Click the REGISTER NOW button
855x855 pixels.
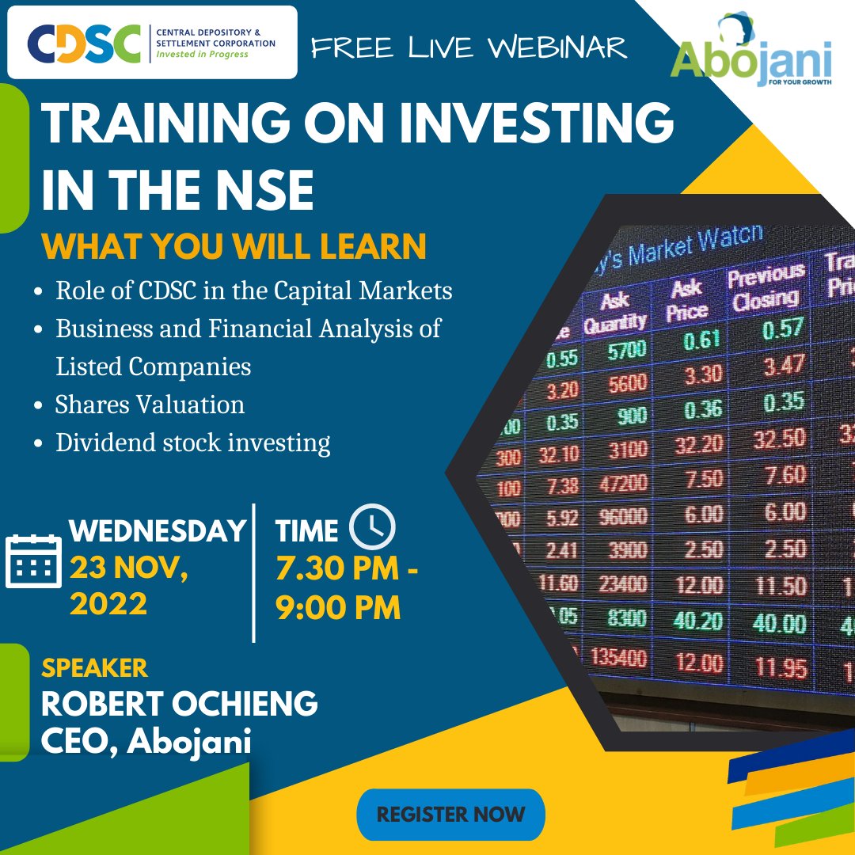(450, 814)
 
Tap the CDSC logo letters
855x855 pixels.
(82, 44)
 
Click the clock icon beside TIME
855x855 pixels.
(372, 528)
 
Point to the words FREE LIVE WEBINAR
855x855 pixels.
(469, 47)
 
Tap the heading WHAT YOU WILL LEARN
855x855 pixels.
(234, 246)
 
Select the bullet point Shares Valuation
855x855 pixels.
(150, 405)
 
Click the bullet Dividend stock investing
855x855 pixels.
(192, 443)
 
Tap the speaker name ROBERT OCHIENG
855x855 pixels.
(179, 703)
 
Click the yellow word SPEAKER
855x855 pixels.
(94, 668)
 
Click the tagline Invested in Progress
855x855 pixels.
(201, 54)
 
